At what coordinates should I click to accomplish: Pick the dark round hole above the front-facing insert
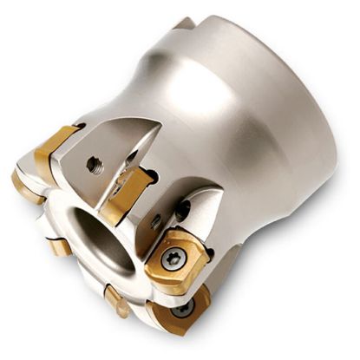pos(184,208)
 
